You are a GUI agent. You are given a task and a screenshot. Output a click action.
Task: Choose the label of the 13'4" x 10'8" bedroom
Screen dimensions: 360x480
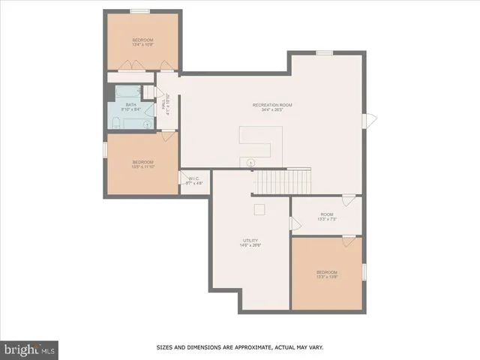pyautogui.click(x=143, y=41)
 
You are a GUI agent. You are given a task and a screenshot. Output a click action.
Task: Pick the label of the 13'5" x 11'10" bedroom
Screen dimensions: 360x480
pyautogui.click(x=143, y=164)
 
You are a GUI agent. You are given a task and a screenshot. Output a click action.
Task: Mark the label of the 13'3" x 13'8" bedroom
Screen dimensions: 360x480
pyautogui.click(x=326, y=274)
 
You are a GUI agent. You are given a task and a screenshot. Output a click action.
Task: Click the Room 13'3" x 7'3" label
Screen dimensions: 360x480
pyautogui.click(x=326, y=216)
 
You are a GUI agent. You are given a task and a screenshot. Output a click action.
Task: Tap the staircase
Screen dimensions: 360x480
pyautogui.click(x=282, y=181)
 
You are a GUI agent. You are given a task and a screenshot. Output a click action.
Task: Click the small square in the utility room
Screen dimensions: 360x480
pyautogui.click(x=259, y=210)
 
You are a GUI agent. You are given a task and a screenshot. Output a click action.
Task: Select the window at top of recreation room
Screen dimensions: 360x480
pyautogui.click(x=324, y=52)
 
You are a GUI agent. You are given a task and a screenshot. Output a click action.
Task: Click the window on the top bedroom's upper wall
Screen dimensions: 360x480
pyautogui.click(x=140, y=11)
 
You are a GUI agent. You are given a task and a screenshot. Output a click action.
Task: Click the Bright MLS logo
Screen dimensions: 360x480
pyautogui.click(x=30, y=349)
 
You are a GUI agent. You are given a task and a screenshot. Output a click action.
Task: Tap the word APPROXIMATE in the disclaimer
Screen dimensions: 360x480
pyautogui.click(x=253, y=347)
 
